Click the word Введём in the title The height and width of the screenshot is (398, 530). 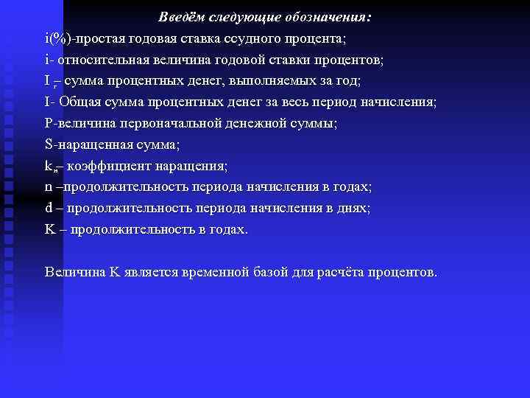click(x=180, y=17)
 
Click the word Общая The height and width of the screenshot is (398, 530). click(x=81, y=102)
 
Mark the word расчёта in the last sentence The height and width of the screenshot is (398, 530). click(x=343, y=273)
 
